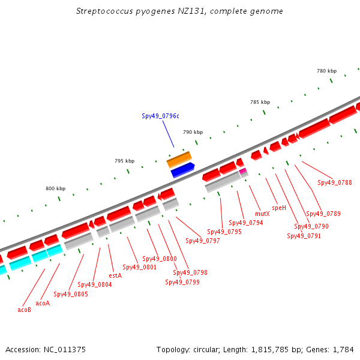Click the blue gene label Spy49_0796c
click(x=160, y=116)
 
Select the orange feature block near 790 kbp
click(x=179, y=160)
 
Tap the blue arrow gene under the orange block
click(x=183, y=170)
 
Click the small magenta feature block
click(x=242, y=171)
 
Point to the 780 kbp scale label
click(x=327, y=71)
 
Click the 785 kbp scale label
click(x=260, y=102)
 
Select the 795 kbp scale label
click(x=124, y=161)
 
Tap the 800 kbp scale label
click(x=56, y=188)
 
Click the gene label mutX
click(x=262, y=214)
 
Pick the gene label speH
click(x=279, y=208)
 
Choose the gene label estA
click(x=115, y=275)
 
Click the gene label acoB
click(x=25, y=310)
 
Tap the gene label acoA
click(x=43, y=303)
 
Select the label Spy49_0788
click(x=335, y=182)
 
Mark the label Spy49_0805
click(x=71, y=294)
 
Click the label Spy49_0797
click(x=203, y=241)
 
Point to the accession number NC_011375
click(x=65, y=350)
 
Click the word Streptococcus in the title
click(x=104, y=11)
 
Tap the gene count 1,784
click(x=343, y=350)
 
